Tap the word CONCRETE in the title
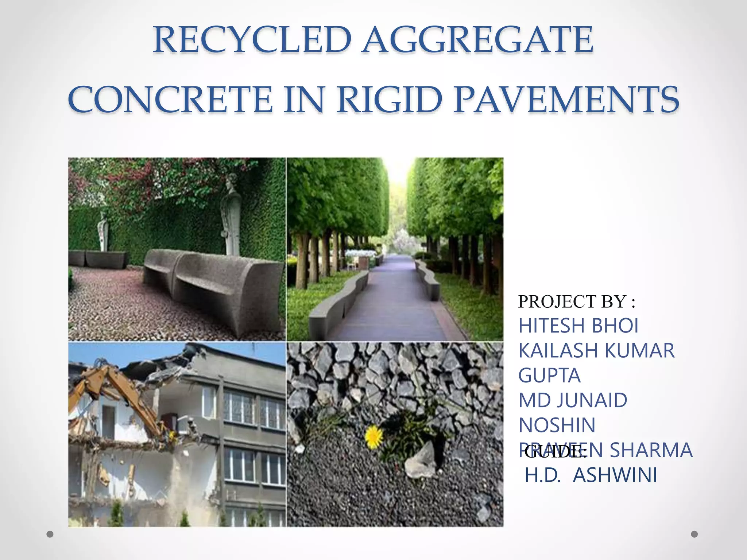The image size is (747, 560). [x=170, y=99]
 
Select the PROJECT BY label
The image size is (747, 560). [x=576, y=302]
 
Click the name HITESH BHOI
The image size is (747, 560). [x=578, y=326]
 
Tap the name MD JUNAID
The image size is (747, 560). [x=573, y=400]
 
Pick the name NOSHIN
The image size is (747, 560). [x=557, y=425]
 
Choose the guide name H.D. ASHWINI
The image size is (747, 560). [x=591, y=475]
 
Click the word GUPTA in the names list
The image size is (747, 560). [x=549, y=376]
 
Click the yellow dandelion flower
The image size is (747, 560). [x=373, y=436]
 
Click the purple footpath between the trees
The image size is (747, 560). [x=394, y=299]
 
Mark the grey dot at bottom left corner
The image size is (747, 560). [x=50, y=534]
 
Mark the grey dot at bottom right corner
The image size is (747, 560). [x=694, y=534]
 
